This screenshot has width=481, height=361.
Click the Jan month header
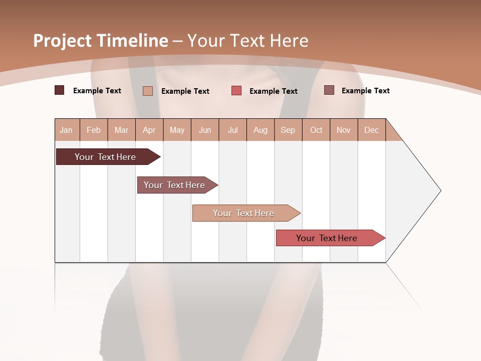pos(66,130)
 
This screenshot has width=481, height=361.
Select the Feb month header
pos(94,130)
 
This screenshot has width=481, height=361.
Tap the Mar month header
pos(121,130)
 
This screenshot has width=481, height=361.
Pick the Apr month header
pos(149,130)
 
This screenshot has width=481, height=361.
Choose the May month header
pos(177,130)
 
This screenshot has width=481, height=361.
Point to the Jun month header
pos(205,130)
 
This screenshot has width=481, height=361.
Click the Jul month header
pos(232,130)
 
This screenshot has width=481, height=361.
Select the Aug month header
pos(261,130)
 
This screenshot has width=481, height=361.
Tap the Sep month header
pos(288,130)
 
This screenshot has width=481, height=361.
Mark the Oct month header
pos(316,130)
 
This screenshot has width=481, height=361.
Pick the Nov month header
pos(344,130)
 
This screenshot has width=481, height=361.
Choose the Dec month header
pos(372,130)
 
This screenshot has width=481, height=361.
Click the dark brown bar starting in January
pos(106,157)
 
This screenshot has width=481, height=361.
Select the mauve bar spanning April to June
pos(175,185)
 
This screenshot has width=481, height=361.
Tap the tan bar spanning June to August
pos(244,213)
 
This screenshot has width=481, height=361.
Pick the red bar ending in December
pos(327,238)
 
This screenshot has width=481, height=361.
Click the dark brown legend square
pos(59,90)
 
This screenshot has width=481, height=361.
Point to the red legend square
pos(236,91)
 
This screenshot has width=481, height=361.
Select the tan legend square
pos(148,91)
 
